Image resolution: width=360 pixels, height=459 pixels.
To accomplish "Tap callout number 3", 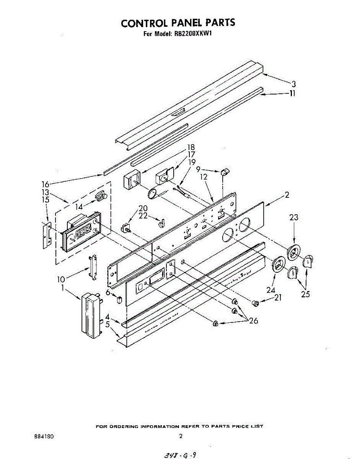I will tap(293, 85).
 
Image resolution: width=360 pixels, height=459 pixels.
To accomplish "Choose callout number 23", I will tap(293, 218).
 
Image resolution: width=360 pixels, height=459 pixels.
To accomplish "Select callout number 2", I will tap(287, 195).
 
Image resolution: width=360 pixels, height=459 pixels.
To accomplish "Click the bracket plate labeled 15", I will tap(46, 235).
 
